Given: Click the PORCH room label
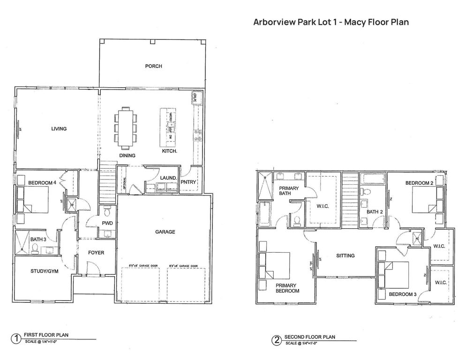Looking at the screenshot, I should point(153,66).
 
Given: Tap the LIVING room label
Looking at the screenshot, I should point(59,129).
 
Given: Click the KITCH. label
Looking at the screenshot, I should point(169,151).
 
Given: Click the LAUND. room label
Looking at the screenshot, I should point(168,179).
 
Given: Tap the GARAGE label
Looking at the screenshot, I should point(165,232).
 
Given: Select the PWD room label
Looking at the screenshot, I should point(107,223).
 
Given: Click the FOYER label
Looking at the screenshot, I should point(96,253).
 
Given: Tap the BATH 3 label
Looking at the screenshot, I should point(38,240).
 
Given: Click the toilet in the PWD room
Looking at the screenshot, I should point(107,210).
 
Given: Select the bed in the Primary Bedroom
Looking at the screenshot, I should point(276,266).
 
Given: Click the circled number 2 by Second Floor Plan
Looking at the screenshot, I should point(277,339).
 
